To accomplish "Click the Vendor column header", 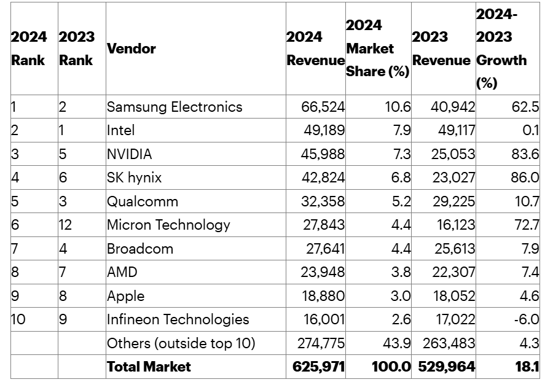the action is (x=131, y=49).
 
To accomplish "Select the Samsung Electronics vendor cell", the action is (x=175, y=107).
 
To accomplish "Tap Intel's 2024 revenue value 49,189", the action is (x=324, y=130).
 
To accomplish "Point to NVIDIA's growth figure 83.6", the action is (x=525, y=154).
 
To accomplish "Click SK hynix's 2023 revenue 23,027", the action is (x=454, y=177).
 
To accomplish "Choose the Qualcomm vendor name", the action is (x=143, y=201).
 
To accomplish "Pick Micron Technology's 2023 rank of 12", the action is (x=65, y=225).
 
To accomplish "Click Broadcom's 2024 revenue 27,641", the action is (x=325, y=249).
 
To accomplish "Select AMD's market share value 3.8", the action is (x=401, y=272).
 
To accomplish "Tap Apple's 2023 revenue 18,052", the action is (x=454, y=295).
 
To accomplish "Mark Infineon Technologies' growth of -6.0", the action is (x=527, y=319).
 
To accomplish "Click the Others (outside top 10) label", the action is (x=181, y=343).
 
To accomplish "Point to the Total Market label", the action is (x=149, y=367).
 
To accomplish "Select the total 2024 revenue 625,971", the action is (x=318, y=367).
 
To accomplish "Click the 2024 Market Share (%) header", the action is (x=378, y=49).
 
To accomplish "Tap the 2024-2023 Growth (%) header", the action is (x=501, y=49).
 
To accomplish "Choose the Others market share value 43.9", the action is (x=397, y=343).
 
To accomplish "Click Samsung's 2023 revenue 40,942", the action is (x=453, y=107).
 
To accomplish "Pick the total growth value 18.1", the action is (x=527, y=367).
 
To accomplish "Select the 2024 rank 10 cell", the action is (x=18, y=319).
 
